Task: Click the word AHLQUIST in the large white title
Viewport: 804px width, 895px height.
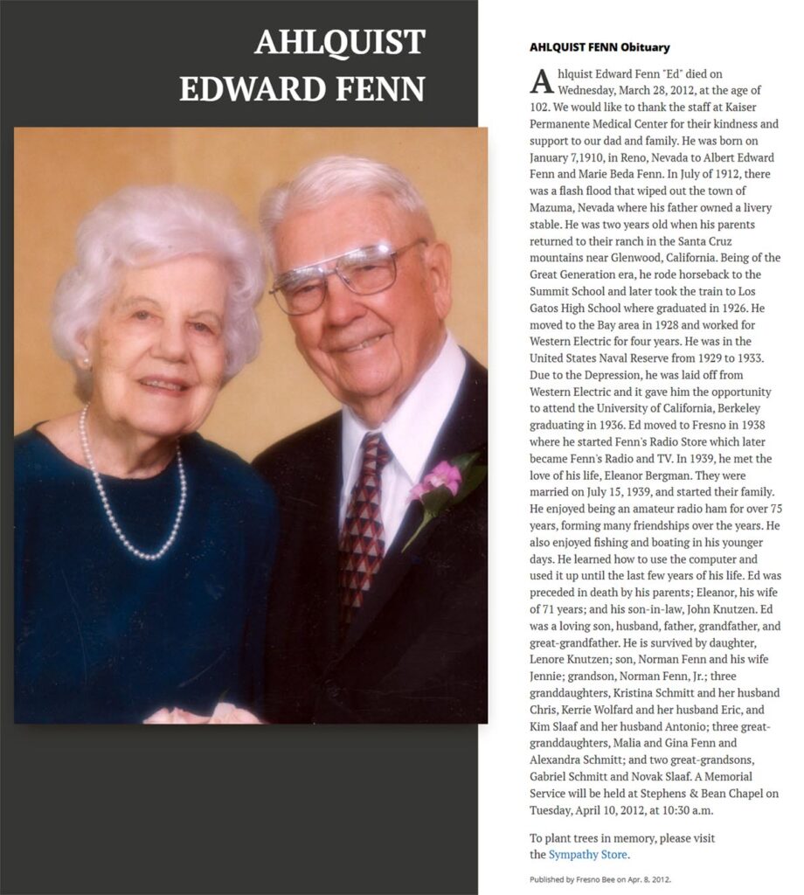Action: tap(339, 42)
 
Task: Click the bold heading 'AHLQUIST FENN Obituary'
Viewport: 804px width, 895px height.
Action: tap(600, 47)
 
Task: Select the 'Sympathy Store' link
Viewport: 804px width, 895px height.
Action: tap(588, 854)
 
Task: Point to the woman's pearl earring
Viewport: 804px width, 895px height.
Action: tap(86, 360)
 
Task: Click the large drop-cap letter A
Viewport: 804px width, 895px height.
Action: tap(541, 81)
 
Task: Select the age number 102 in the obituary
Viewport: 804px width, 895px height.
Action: tap(539, 107)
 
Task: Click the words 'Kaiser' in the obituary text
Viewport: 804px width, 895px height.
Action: tap(757, 107)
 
